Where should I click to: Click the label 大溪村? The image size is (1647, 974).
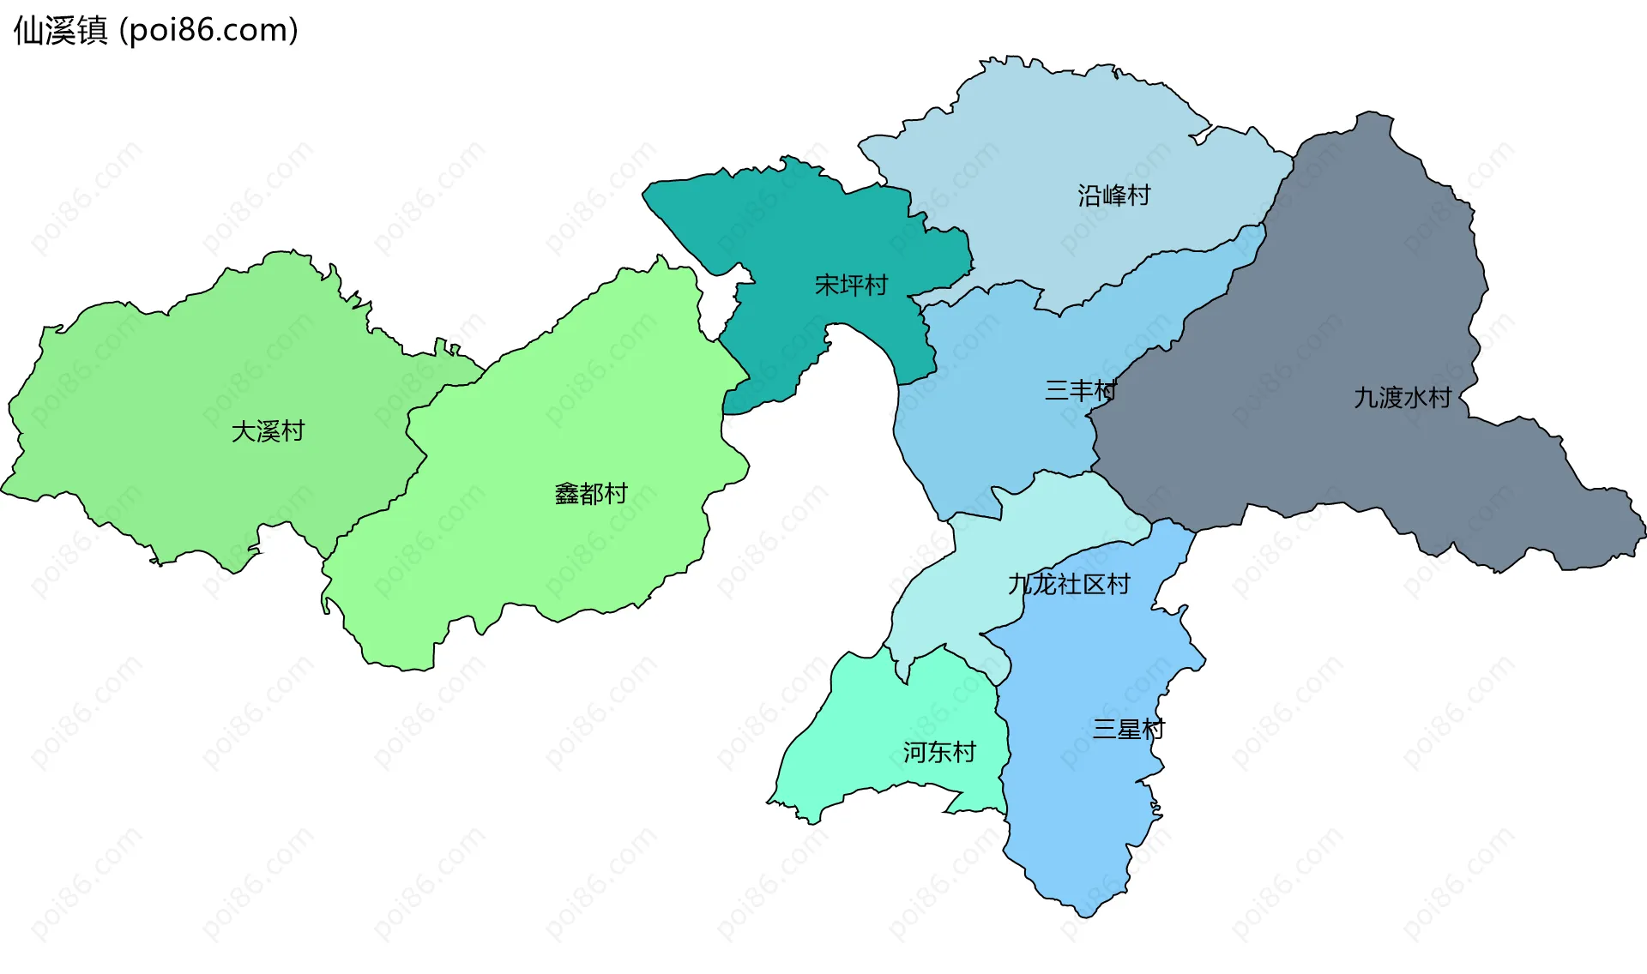(268, 431)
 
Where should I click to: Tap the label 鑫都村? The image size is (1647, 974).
(591, 494)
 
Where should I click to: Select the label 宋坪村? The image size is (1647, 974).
(851, 285)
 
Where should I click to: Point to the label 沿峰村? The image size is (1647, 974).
(1113, 195)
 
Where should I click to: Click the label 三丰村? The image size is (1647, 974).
(1080, 391)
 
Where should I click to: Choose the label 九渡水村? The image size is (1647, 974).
(1402, 398)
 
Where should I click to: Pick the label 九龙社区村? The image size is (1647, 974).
(1069, 585)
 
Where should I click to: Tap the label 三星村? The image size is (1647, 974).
(1128, 730)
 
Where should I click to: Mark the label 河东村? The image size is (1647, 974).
(939, 753)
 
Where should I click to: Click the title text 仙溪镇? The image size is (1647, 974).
(60, 31)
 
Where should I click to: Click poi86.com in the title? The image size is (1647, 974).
(208, 31)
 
